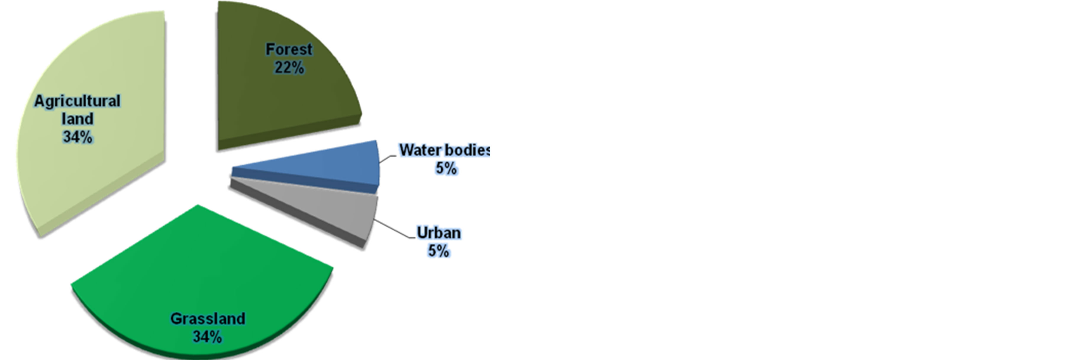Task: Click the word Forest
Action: pyautogui.click(x=289, y=49)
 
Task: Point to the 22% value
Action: pyautogui.click(x=289, y=67)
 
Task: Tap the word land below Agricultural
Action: pyautogui.click(x=78, y=119)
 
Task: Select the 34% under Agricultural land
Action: pyautogui.click(x=78, y=137)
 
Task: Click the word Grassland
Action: pyautogui.click(x=208, y=319)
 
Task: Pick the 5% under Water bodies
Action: pyautogui.click(x=446, y=168)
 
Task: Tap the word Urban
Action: pyautogui.click(x=439, y=233)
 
